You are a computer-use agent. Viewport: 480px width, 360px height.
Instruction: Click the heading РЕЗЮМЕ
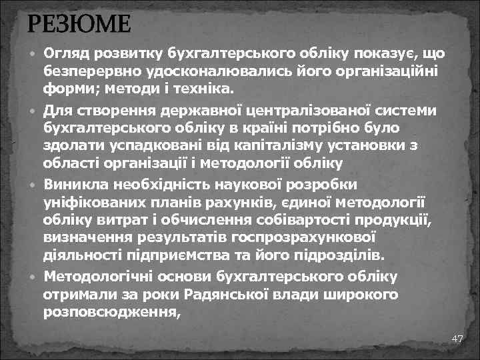click(79, 26)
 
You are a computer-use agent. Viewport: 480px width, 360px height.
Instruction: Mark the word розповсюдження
click(111, 311)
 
